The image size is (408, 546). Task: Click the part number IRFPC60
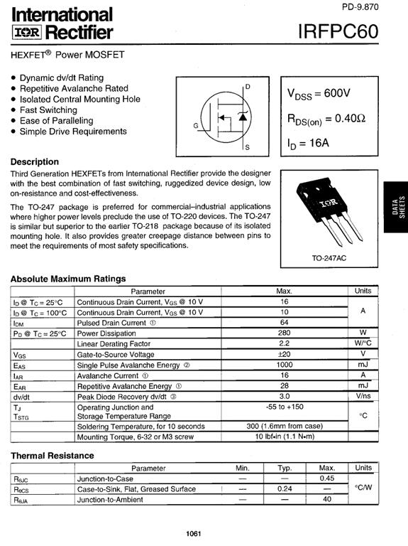coord(339,32)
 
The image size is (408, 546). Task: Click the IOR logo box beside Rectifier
coord(31,33)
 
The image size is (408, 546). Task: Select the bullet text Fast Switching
coord(48,110)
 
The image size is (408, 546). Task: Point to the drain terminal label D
coord(247,87)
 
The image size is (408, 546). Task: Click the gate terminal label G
coord(195,126)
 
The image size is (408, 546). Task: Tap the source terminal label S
coord(247,148)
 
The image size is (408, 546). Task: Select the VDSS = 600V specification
coord(319,94)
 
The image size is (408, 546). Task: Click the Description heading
coord(35,161)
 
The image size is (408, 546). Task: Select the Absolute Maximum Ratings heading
coord(68,279)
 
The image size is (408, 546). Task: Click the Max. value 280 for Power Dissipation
coord(284,333)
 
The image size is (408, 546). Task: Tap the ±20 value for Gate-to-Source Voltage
coord(284,354)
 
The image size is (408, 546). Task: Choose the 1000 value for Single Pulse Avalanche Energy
coord(284,365)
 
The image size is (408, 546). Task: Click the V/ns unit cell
coord(363,396)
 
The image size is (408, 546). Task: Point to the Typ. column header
coord(285,469)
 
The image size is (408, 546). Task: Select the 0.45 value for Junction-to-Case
coord(327,479)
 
